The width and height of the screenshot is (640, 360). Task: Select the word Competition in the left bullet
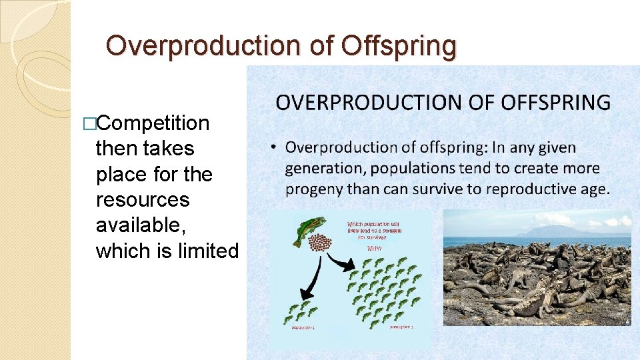tap(157, 123)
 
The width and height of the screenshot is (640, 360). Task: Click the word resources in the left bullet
tap(143, 199)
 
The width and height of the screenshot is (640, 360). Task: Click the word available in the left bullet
tap(141, 225)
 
